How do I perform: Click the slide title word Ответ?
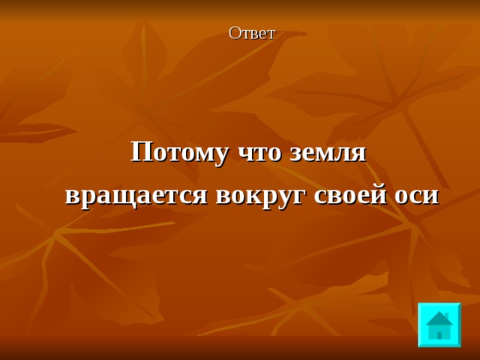tap(252, 33)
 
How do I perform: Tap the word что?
tap(259, 152)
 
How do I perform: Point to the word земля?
tap(329, 152)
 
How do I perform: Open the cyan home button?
tap(439, 325)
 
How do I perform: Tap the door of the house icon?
tap(439, 333)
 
